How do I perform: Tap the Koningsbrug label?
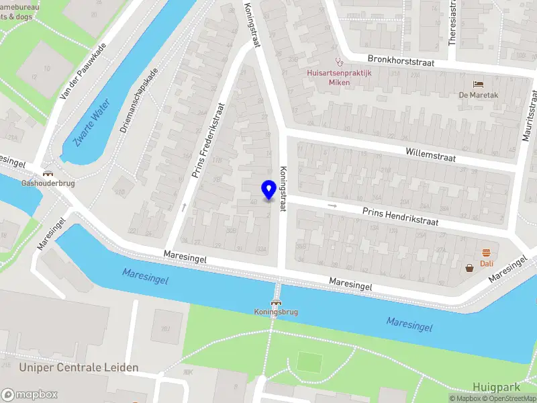pos(275,312)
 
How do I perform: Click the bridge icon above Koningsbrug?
pos(275,302)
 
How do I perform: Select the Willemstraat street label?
pos(430,154)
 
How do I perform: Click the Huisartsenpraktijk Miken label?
pos(330,78)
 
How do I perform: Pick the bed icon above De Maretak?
pos(478,84)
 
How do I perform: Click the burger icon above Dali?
pos(486,253)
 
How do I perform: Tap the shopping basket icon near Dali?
pos(470,268)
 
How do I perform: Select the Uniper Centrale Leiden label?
pos(79,367)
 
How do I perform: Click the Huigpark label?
pos(496,387)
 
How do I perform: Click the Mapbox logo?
pos(29,394)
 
